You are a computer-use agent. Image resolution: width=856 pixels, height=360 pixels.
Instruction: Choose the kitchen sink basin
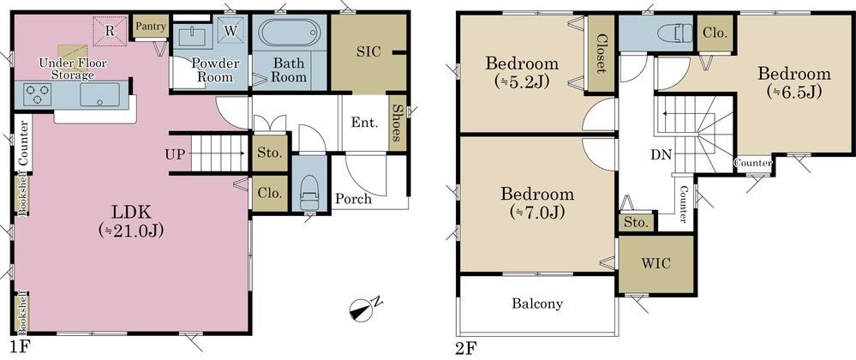99,94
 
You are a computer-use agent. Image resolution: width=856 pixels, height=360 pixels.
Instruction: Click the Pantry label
151,26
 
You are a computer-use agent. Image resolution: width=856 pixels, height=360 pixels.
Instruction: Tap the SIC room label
369,52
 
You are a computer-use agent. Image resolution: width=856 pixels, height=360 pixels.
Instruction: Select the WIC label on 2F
655,263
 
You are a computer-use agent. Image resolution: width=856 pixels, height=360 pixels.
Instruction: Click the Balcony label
537,303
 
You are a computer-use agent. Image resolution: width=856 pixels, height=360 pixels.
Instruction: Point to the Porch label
353,199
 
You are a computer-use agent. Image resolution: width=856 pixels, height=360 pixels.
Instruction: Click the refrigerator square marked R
110,30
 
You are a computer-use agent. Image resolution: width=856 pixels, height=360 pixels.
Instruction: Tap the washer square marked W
231,31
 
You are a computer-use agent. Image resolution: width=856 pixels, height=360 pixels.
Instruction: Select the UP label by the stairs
176,153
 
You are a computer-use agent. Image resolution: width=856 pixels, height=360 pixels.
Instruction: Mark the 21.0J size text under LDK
132,231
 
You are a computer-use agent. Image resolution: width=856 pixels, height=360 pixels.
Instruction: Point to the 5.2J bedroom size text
521,82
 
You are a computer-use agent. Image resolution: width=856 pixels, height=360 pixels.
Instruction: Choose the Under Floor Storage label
73,69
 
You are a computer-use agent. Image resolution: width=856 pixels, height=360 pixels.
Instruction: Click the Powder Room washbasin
195,37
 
